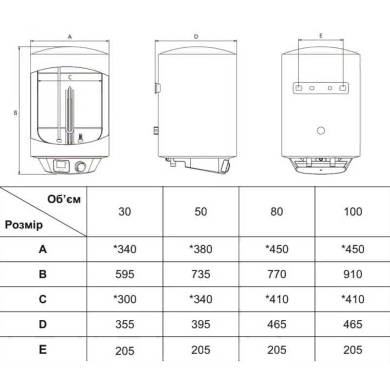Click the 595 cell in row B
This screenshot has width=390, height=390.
[125, 274]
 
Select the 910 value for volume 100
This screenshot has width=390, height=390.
[352, 274]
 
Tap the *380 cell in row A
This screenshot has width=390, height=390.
[201, 249]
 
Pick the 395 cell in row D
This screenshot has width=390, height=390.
[201, 324]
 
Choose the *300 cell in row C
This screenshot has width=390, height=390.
[125, 299]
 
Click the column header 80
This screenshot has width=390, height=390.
[276, 212]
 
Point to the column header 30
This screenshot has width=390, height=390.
[125, 212]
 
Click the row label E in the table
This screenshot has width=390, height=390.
[43, 350]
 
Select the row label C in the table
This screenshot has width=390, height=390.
[43, 299]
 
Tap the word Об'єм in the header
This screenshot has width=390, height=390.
[64, 199]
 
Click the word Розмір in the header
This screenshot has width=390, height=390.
[24, 225]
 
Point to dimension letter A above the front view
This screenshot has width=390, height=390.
[70, 37]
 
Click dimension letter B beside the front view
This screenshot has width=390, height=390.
[16, 113]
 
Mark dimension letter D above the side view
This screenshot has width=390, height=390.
[196, 37]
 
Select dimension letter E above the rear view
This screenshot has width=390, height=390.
[321, 36]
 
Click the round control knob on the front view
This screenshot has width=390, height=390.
[80, 166]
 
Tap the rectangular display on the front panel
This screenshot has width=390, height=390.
[61, 165]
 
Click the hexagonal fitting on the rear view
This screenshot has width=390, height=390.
[321, 130]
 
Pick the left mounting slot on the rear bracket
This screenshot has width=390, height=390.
[299, 88]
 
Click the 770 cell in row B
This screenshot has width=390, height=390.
[276, 274]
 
